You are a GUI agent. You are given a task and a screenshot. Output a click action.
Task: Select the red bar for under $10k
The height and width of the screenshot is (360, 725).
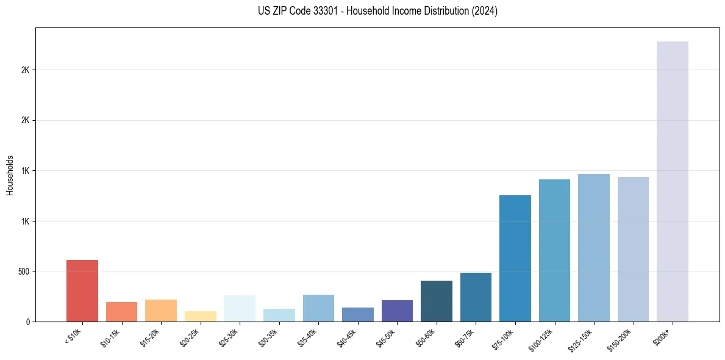coord(82,290)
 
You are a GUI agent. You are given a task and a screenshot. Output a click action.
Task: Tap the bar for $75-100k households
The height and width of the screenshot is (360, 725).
coord(515,258)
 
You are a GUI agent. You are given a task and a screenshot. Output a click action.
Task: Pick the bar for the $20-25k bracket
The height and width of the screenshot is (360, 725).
coord(201,316)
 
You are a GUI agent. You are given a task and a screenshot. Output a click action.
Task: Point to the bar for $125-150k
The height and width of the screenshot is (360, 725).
coord(594,248)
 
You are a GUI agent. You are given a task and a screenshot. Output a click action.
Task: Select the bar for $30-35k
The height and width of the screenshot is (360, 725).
coord(279,315)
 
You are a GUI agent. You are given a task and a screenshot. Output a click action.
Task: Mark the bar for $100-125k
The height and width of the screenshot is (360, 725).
coord(554,250)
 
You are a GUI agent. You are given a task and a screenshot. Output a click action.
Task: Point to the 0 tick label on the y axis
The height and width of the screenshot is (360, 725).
coord(28,322)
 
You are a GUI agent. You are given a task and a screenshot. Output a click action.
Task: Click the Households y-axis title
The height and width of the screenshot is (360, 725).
coord(10,175)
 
